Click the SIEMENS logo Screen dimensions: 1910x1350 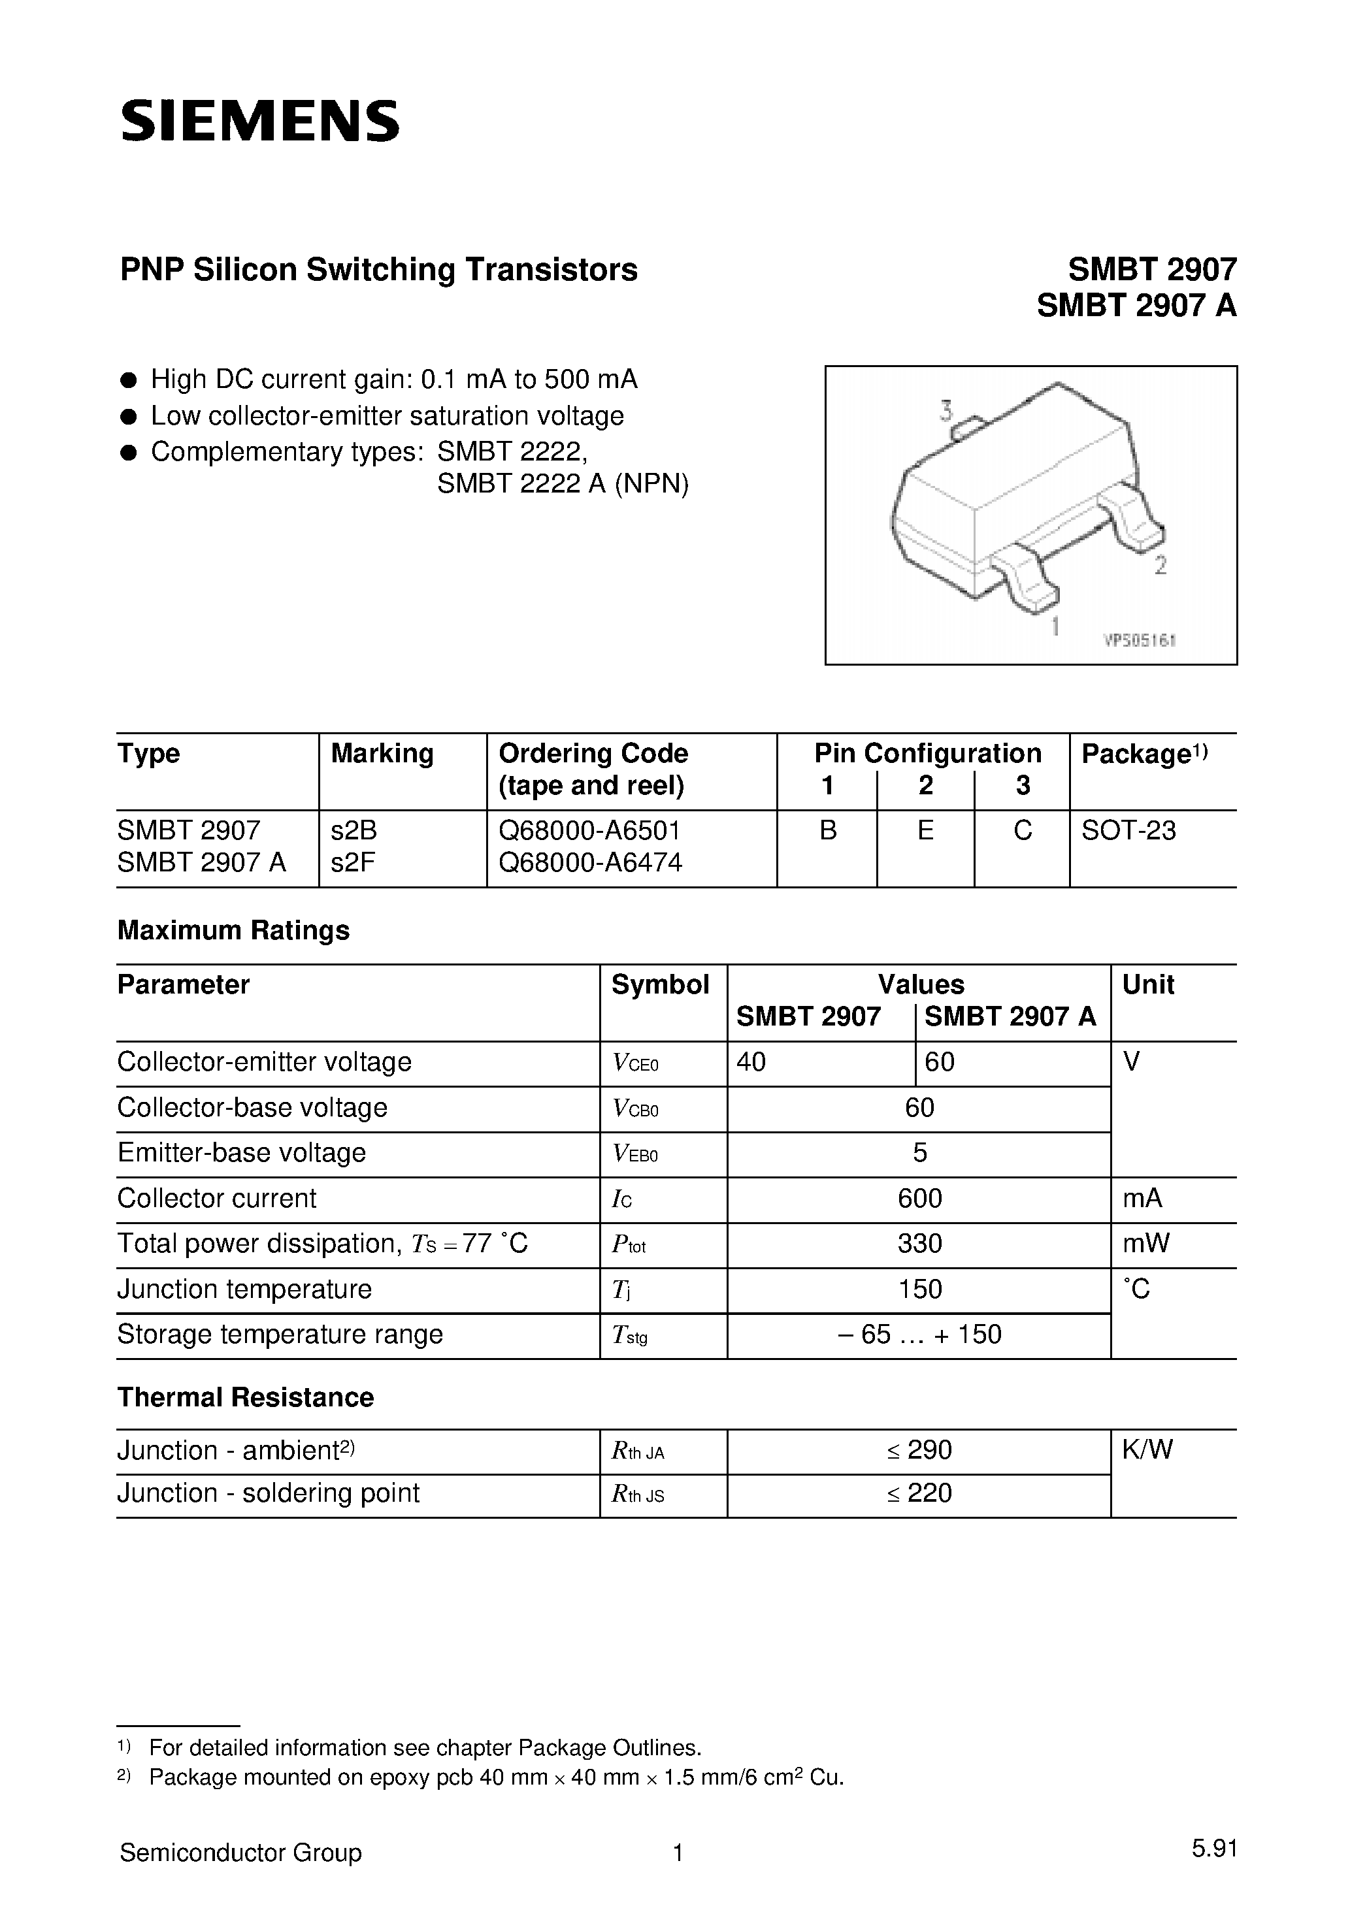(259, 121)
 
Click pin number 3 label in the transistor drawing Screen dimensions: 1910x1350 (946, 410)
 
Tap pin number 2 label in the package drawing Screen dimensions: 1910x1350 (1161, 566)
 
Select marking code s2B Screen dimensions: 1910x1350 (354, 830)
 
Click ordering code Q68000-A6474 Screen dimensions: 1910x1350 (590, 864)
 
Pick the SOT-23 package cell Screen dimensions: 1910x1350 (1128, 830)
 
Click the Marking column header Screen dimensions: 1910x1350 (382, 754)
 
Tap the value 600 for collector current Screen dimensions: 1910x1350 (919, 1198)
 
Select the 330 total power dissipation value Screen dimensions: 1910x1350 (919, 1243)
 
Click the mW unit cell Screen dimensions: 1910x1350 (1145, 1243)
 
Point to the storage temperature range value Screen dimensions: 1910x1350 (919, 1335)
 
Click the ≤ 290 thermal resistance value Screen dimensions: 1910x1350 (919, 1450)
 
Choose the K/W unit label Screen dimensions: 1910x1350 (1147, 1450)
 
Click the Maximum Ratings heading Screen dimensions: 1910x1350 (233, 930)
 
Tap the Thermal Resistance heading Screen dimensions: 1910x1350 (246, 1398)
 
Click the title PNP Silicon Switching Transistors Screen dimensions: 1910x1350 (379, 270)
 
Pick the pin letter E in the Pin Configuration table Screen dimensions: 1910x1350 (925, 830)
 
